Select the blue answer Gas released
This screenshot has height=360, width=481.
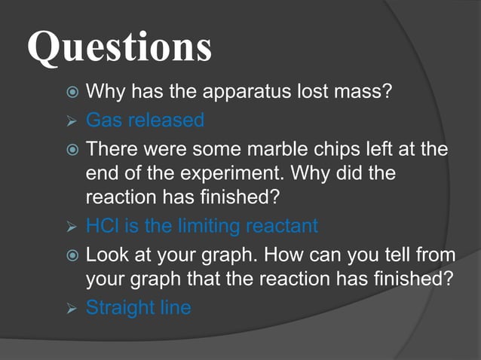tap(145, 120)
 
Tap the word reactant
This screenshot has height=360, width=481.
tap(280, 226)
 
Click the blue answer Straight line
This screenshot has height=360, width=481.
tap(138, 307)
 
